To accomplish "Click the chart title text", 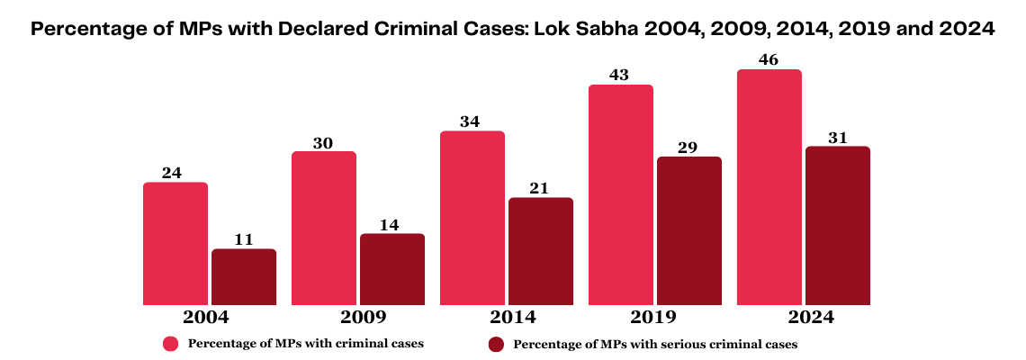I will point(513,29).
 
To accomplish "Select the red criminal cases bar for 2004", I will point(175,244).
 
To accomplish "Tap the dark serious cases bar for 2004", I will point(244,277).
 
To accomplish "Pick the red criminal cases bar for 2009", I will point(324,229).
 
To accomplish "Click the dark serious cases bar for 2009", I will point(392,269).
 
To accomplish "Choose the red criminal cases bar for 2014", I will point(472,218).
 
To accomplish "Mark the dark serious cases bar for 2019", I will point(689,231).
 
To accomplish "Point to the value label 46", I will point(769,60).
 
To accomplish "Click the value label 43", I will point(621,76).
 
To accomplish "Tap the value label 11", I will point(244,239).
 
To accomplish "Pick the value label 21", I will point(541,188).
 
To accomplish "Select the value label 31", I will point(838,137).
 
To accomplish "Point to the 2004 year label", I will point(205,318).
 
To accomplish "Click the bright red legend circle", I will point(171,344).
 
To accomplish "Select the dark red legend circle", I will point(494,344).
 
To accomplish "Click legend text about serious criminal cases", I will point(655,344).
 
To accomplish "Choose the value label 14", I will point(392,224).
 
